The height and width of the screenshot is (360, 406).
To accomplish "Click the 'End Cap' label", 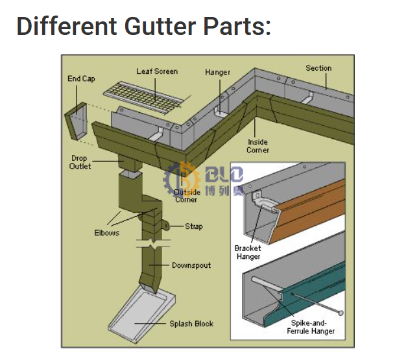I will click(x=81, y=79).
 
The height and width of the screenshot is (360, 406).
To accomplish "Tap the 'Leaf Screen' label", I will click(x=156, y=71).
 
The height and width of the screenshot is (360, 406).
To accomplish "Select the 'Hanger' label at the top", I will click(x=217, y=72).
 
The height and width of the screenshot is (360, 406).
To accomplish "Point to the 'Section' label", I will click(x=318, y=68).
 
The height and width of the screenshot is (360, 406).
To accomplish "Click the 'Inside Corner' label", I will click(x=257, y=146).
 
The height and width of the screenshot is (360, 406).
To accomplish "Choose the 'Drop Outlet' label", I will click(x=80, y=162).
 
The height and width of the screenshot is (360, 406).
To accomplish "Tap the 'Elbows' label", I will click(x=106, y=233).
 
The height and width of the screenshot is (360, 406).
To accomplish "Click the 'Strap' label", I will click(x=193, y=226).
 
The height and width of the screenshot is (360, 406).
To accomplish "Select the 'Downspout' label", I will click(x=191, y=265).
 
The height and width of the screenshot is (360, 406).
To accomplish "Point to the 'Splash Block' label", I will click(x=191, y=324).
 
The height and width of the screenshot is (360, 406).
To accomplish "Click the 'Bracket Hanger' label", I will click(x=248, y=252).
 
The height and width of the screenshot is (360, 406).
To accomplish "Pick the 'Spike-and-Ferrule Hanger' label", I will click(x=311, y=327).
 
